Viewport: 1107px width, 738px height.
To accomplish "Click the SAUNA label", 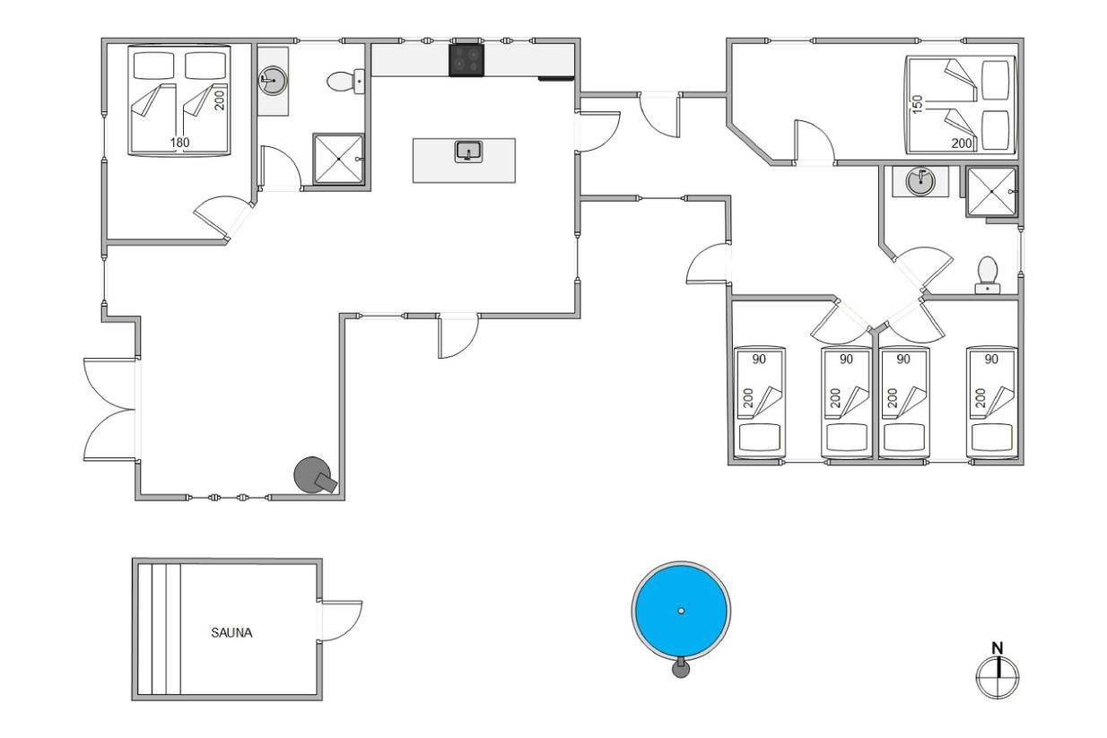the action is click(x=231, y=633).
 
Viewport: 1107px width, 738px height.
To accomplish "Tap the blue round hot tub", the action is click(x=681, y=611).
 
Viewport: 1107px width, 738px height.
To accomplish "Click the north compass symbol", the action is click(x=998, y=678).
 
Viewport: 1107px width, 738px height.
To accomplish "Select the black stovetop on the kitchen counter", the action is click(x=466, y=60).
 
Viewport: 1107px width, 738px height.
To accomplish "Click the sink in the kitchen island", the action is click(x=468, y=152).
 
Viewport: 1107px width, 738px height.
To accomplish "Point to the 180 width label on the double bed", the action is click(x=180, y=143).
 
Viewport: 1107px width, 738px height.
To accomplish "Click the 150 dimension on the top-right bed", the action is click(x=917, y=104).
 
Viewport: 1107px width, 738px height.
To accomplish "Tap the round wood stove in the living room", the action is click(x=315, y=475).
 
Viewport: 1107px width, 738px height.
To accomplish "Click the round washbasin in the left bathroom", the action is click(x=273, y=81).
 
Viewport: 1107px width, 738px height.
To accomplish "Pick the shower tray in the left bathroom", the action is click(x=338, y=159).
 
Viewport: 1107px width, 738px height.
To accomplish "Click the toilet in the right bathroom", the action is click(x=988, y=274).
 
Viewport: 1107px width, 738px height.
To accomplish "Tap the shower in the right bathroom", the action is click(x=991, y=192).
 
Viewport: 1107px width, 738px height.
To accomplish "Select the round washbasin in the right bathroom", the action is click(x=920, y=181).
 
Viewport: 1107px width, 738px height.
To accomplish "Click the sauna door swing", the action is click(x=341, y=621).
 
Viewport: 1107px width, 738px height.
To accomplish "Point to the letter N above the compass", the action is click(x=998, y=647).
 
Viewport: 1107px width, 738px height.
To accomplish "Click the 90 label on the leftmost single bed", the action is click(x=759, y=359).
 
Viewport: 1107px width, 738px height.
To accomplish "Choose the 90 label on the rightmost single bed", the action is click(x=991, y=359).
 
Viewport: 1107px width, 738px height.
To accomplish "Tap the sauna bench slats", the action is click(x=159, y=629).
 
